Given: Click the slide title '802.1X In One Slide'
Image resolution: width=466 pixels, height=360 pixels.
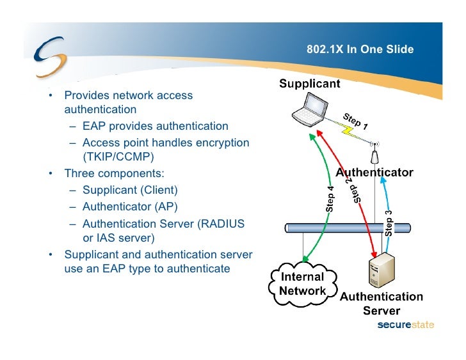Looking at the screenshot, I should [x=360, y=50].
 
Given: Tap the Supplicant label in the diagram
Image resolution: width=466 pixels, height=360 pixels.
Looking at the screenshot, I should [x=309, y=84].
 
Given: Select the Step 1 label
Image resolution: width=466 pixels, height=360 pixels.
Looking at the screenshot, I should [x=355, y=120].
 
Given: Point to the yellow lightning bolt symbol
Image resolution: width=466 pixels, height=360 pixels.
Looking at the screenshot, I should [x=349, y=130].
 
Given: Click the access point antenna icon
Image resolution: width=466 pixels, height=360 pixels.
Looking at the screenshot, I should [x=375, y=154].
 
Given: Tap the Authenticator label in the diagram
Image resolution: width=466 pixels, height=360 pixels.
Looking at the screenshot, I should [x=374, y=173].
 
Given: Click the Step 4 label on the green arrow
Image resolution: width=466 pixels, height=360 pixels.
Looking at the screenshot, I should [x=330, y=199].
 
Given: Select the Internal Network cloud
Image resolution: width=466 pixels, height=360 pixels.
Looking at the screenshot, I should [x=303, y=284].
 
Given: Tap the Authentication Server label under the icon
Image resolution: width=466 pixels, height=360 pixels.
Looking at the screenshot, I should [x=381, y=304].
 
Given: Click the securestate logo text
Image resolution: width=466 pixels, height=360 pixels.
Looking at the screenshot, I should [x=406, y=325].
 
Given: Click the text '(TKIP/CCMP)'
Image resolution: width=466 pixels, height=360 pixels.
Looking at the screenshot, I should [x=119, y=157].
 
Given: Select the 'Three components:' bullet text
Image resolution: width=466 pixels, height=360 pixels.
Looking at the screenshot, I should [x=114, y=173].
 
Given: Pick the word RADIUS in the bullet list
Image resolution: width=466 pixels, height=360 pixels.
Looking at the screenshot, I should [x=221, y=224].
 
